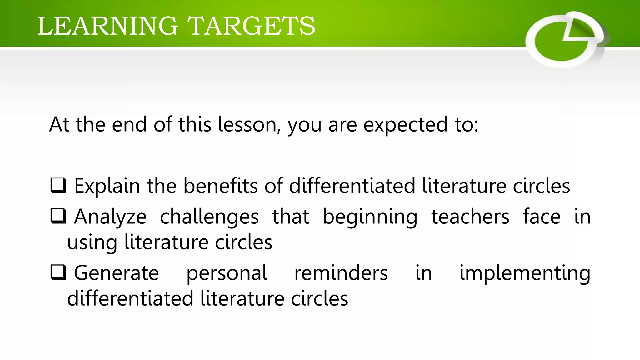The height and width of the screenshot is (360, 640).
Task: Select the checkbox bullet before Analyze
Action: click(x=58, y=216)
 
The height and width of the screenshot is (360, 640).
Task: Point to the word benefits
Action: click(x=220, y=186)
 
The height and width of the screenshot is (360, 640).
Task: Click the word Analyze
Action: click(x=110, y=217)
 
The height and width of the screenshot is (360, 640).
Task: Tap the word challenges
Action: click(x=209, y=217)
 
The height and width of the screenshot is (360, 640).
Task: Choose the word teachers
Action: click(x=470, y=217)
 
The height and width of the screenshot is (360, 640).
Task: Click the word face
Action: click(x=542, y=217)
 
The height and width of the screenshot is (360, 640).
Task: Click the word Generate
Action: click(x=116, y=273)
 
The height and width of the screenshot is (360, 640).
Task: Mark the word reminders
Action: click(x=341, y=273)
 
